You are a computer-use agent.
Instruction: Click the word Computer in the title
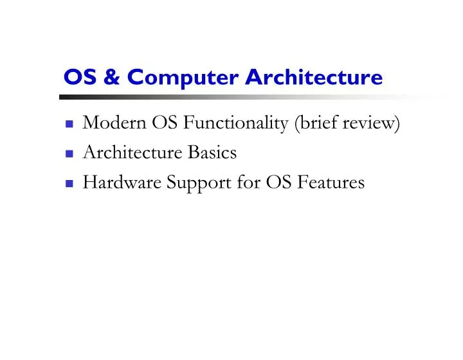[183, 77]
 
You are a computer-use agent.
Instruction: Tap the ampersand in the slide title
[111, 77]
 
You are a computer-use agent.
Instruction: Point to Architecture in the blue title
[313, 77]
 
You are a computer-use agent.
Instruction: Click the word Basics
[212, 153]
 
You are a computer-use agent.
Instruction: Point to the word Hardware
[122, 183]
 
